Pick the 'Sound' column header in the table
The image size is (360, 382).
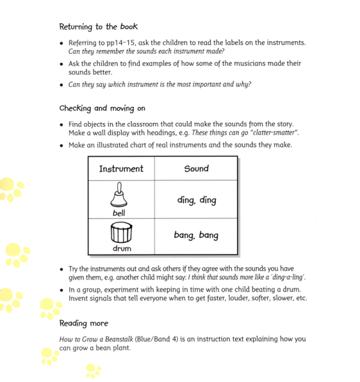point(196,169)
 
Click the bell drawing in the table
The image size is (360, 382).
point(120,195)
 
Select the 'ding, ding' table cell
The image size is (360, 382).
point(196,200)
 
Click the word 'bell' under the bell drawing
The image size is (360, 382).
point(119,212)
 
